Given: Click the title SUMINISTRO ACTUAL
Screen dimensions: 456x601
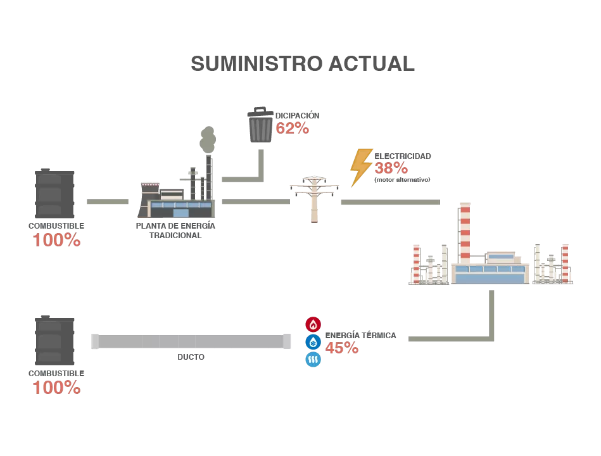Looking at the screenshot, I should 303,64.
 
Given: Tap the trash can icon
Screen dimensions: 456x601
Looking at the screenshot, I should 260,125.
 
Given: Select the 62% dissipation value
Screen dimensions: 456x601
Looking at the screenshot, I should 292,129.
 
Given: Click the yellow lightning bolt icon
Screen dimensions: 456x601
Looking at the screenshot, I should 361,167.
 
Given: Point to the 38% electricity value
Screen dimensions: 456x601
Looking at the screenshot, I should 391,168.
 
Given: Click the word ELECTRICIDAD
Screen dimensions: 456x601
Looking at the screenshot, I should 403,156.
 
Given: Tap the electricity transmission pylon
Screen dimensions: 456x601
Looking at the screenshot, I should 314,198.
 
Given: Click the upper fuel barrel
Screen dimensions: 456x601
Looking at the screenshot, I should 54,194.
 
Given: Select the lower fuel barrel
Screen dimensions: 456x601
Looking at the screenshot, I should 54,341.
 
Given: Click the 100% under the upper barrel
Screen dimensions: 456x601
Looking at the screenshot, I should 56,241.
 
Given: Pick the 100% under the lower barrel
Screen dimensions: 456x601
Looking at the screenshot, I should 56,388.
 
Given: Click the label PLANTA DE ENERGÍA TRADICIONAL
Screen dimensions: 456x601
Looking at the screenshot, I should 175,231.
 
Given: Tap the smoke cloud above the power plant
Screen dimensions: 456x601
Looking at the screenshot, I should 207,139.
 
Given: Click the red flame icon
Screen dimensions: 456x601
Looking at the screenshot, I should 313,324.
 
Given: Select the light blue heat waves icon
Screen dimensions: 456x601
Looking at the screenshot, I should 313,360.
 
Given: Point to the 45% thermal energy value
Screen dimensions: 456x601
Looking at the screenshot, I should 342,348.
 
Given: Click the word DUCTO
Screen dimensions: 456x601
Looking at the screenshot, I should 191,357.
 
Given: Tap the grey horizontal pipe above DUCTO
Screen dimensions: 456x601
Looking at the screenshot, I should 190,341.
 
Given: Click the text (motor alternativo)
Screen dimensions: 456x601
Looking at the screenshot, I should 402,180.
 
